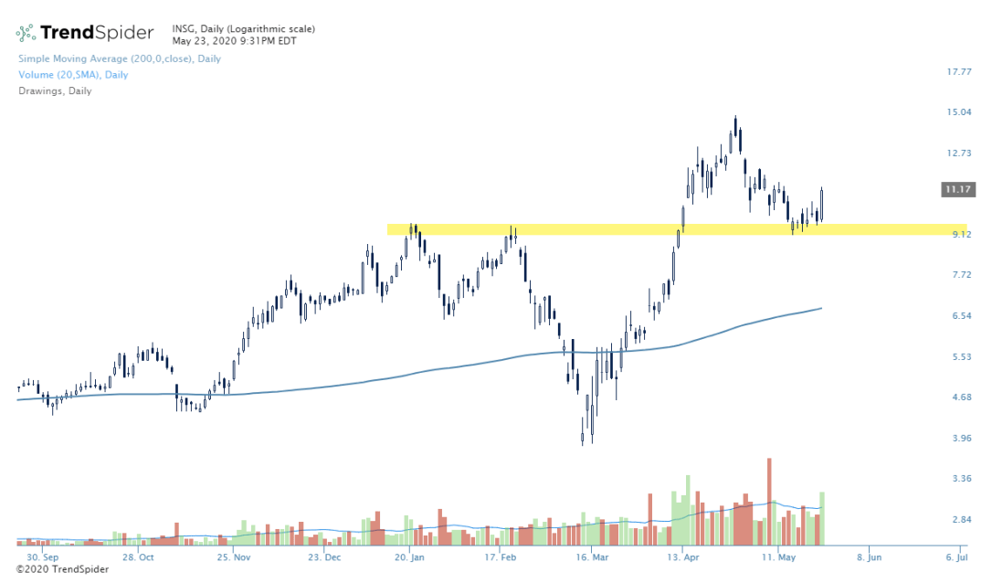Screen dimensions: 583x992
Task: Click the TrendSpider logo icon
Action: (x=26, y=33)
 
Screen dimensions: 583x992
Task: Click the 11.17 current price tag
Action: (x=959, y=189)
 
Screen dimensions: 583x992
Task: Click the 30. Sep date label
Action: (x=44, y=556)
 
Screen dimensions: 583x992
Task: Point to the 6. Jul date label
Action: (x=956, y=556)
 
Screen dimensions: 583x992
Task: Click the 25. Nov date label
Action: (x=235, y=556)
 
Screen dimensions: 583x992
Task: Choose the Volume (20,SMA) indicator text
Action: (x=73, y=75)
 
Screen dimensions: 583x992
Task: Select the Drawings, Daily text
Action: (x=55, y=90)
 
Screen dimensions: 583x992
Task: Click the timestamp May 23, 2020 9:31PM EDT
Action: (x=234, y=40)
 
